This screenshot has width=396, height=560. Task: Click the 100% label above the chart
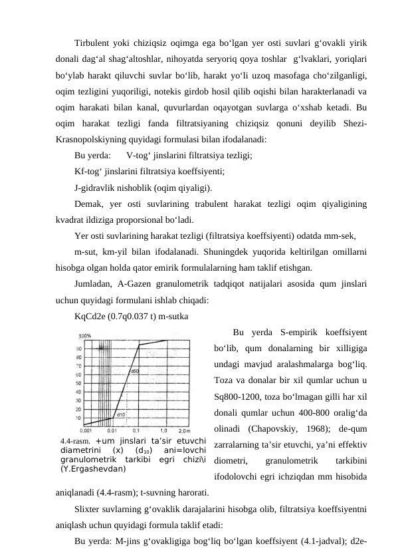pyautogui.click(x=85, y=336)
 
